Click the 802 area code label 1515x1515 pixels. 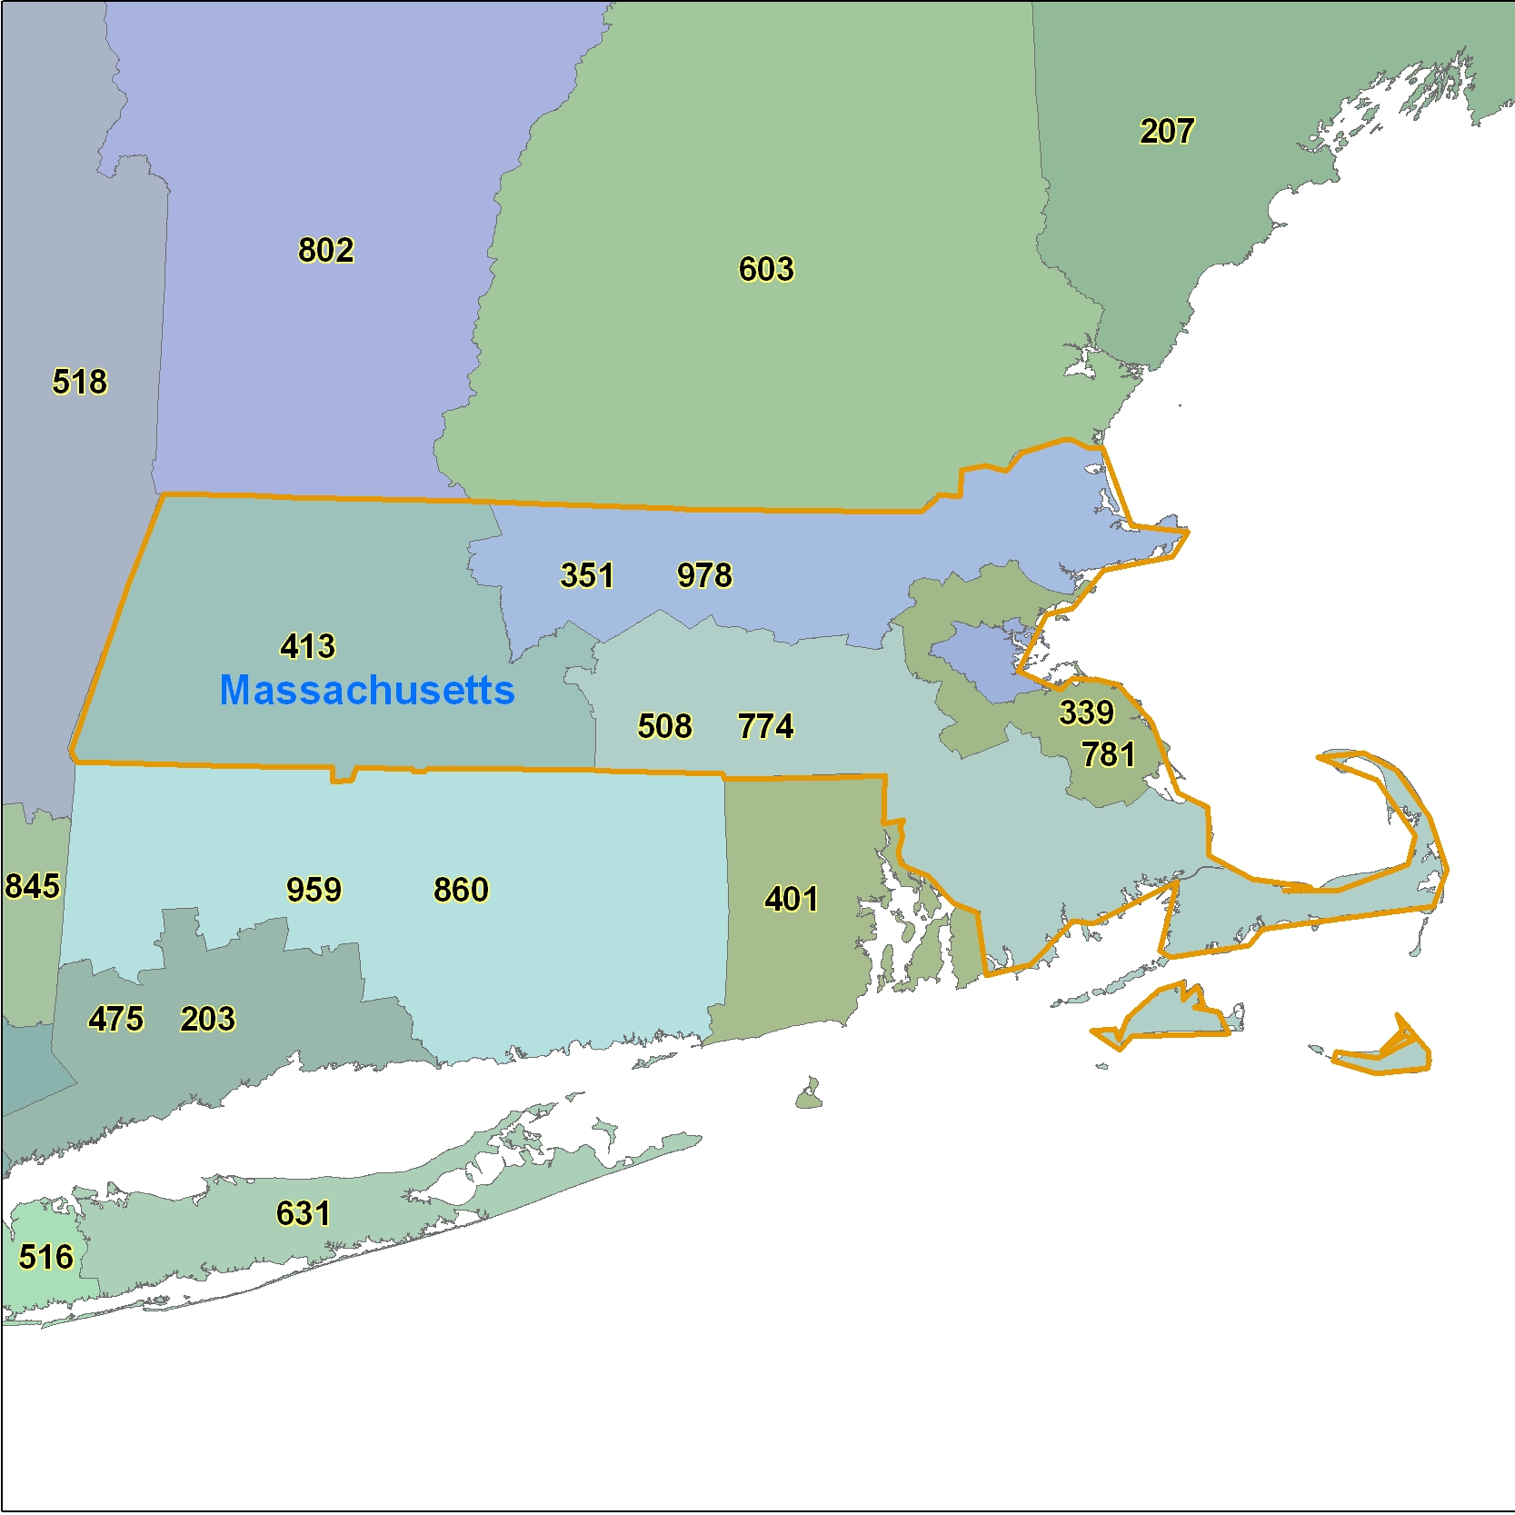(x=325, y=250)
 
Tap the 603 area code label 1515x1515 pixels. (x=766, y=269)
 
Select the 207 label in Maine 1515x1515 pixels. (x=1167, y=131)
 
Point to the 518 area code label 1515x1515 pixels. (x=79, y=382)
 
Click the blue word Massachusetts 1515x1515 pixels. (x=367, y=691)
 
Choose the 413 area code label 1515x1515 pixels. (x=308, y=646)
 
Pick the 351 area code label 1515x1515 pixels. (x=587, y=575)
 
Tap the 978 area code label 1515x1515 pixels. (x=704, y=575)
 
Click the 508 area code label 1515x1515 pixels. (x=664, y=726)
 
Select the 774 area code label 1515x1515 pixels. (x=765, y=726)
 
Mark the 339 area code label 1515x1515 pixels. (x=1086, y=713)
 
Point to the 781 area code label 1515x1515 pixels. (x=1108, y=754)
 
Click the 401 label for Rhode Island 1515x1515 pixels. (x=792, y=899)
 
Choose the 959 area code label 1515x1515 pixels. (x=314, y=890)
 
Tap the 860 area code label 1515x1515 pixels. (x=461, y=890)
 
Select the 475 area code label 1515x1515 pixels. (x=115, y=1019)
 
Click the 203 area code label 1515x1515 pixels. (x=207, y=1019)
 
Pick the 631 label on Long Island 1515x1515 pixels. (x=303, y=1213)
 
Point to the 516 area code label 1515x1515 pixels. (x=45, y=1257)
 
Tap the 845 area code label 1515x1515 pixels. (x=32, y=886)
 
